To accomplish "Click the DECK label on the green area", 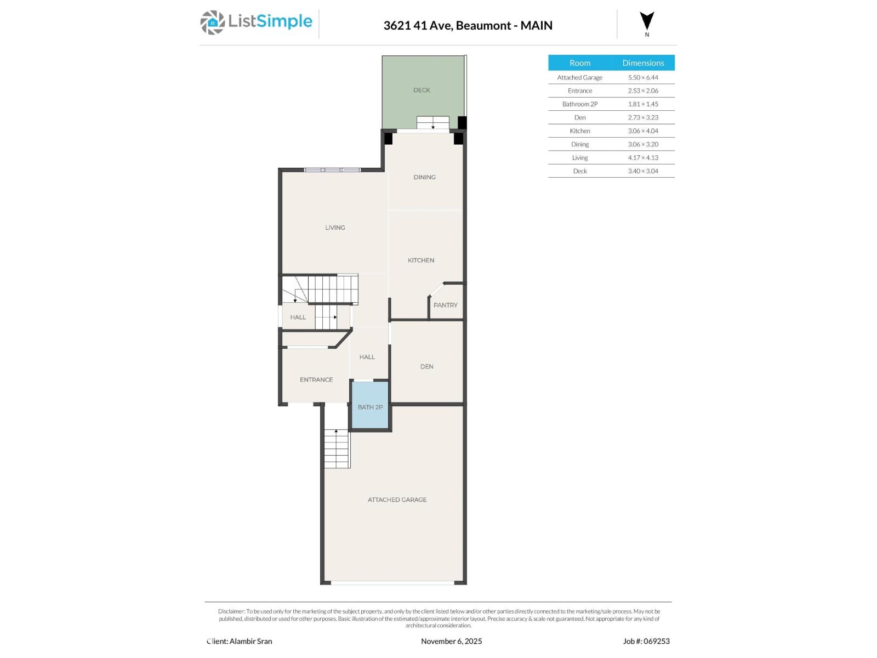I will coord(422,90).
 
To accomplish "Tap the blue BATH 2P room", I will coord(370,407).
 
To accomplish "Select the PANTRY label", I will coord(445,305).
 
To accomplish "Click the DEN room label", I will coord(426,366).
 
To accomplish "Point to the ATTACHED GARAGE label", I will coord(397,500).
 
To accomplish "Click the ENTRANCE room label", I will coord(316,379).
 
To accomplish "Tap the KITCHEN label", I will coord(421,260).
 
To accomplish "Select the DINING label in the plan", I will coord(424,177).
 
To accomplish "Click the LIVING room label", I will coord(335,228).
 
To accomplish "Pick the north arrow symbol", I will coord(647,21).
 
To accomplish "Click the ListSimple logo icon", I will coord(212,22).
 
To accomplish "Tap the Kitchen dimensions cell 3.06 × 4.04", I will coord(643,131).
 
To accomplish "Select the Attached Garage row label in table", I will coord(579,78).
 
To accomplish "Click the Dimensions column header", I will coord(643,63).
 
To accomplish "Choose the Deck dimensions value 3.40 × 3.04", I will coord(643,171).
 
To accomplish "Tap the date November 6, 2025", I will coord(451,641).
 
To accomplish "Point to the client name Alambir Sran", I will coord(250,641).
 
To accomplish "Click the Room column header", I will coord(579,63).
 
